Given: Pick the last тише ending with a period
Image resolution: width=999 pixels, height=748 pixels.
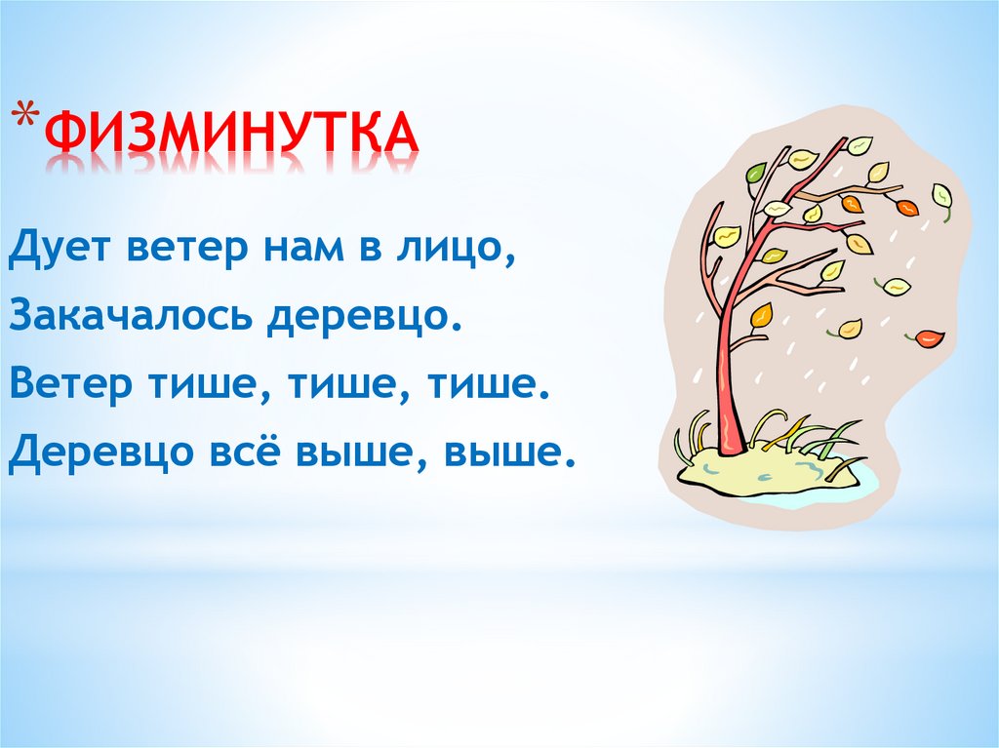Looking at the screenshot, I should (x=496, y=382).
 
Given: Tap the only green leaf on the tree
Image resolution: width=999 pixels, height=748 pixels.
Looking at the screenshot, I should (x=756, y=174).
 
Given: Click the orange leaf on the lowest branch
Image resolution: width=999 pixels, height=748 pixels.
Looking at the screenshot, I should (x=761, y=315).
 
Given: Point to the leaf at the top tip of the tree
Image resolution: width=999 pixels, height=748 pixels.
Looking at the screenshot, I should (x=859, y=145).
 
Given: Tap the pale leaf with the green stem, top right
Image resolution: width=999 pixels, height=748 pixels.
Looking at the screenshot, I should (x=941, y=195).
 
